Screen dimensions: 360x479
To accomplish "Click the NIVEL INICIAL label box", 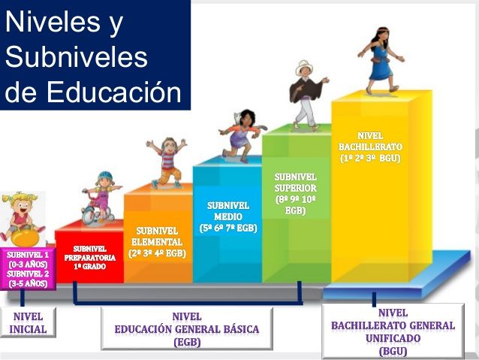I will (28, 322).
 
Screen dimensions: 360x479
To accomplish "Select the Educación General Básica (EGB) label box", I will (186, 328).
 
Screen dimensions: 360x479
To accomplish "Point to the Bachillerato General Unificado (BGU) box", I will (393, 331).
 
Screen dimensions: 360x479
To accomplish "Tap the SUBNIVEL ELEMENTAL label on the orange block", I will (157, 241).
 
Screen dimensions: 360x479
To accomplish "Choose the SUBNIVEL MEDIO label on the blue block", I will (227, 216).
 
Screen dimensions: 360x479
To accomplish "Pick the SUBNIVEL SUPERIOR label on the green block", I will (294, 193).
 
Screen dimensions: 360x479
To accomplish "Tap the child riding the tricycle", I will (99, 198).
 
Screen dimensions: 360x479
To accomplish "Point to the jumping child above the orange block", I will (166, 162).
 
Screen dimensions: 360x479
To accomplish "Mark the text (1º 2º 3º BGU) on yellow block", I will (370, 159).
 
